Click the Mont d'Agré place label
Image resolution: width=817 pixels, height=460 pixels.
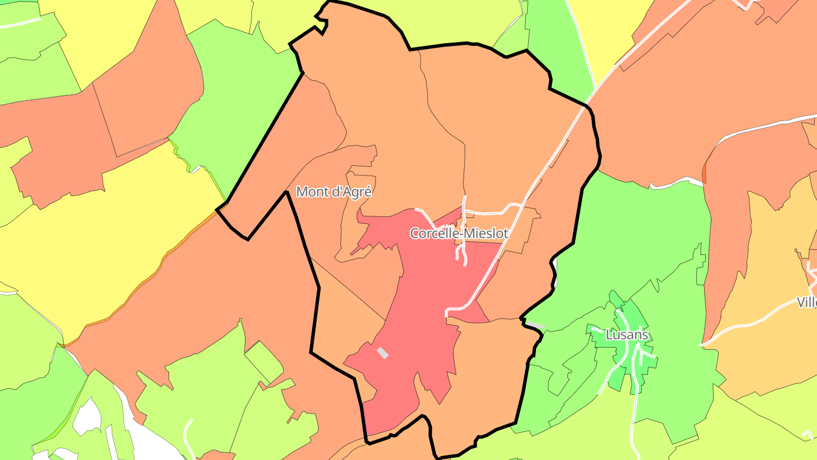pyautogui.click(x=334, y=192)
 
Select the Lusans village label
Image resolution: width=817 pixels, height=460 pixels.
pyautogui.click(x=626, y=334)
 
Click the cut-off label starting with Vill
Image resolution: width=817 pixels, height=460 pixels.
pyautogui.click(x=806, y=302)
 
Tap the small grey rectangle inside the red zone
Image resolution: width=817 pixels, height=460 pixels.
pyautogui.click(x=383, y=353)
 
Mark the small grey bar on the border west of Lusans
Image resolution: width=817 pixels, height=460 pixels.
pyautogui.click(x=537, y=326)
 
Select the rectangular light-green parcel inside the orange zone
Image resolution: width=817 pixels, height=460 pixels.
pyautogui.click(x=264, y=362)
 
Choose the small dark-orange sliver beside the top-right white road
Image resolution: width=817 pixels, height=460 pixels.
pyautogui.click(x=705, y=170)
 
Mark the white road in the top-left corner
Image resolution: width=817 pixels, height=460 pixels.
pyautogui.click(x=20, y=23)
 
